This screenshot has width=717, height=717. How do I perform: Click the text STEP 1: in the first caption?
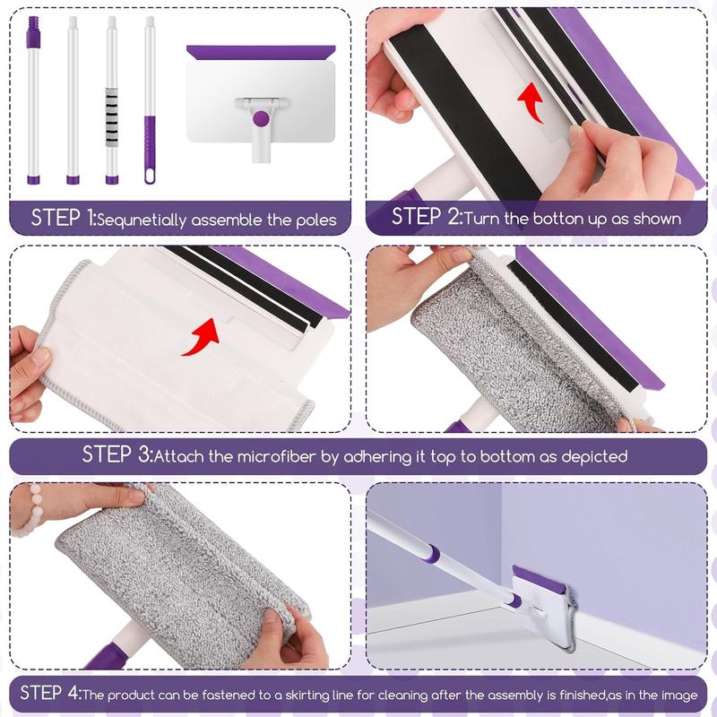63,218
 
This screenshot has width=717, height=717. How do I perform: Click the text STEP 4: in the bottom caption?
49,692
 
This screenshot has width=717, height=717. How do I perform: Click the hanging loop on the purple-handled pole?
150,172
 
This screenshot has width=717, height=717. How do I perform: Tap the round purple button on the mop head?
261,118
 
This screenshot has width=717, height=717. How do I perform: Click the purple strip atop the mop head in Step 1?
261,52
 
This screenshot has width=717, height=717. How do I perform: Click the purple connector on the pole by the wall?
431,554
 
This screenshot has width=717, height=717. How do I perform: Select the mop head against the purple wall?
540,609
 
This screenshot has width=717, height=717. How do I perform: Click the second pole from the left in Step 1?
73,99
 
